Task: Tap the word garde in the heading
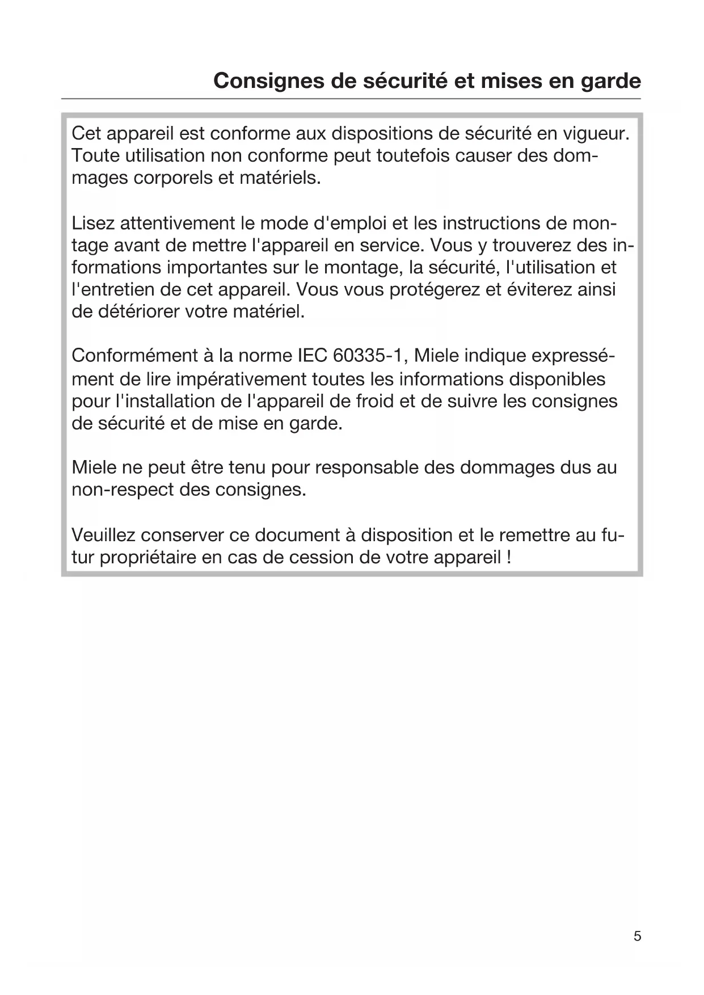coord(610,81)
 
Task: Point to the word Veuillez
coord(104,535)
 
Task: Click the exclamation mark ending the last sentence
coord(508,557)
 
